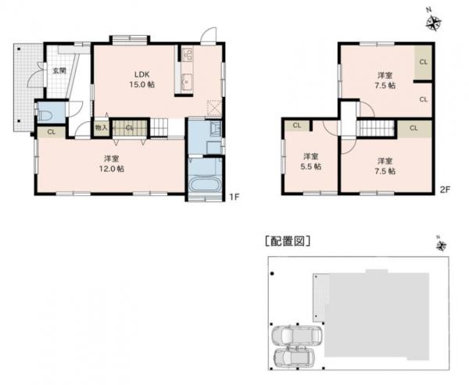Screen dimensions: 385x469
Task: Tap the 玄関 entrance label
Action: pos(59,71)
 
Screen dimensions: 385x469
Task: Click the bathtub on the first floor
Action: pos(206,186)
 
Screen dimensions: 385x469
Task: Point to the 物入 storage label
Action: pos(101,127)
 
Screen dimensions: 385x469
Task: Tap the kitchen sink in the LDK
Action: pos(187,80)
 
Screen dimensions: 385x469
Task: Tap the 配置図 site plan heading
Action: pos(288,241)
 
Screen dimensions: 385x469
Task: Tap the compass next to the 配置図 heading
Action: pos(442,246)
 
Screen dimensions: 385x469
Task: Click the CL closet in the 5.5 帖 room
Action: pos(297,125)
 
